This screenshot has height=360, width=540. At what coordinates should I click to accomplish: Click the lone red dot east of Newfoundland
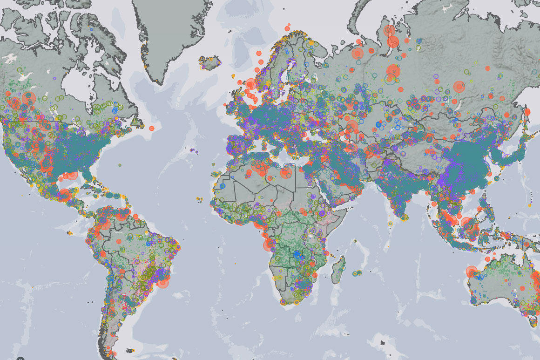[x=151, y=128]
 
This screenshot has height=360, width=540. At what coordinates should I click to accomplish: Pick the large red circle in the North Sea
[x=251, y=84]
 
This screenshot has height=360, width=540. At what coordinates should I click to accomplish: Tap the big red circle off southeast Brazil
[x=163, y=282]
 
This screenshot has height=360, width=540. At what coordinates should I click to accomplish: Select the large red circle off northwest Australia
[x=471, y=272]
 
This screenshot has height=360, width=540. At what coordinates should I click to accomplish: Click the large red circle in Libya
[x=286, y=173]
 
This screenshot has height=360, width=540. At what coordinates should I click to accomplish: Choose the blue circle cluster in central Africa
[x=297, y=254]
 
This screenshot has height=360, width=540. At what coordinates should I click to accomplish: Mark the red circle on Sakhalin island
[x=527, y=112]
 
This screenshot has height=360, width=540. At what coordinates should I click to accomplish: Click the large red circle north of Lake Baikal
[x=459, y=87]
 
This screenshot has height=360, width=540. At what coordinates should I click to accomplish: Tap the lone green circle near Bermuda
[x=120, y=165]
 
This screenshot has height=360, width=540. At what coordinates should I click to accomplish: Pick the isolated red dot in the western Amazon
[x=118, y=241]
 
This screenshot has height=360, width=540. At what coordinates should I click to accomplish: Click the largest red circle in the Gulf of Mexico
[x=72, y=176]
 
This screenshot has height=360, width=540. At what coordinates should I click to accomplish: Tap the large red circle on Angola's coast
[x=269, y=245]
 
